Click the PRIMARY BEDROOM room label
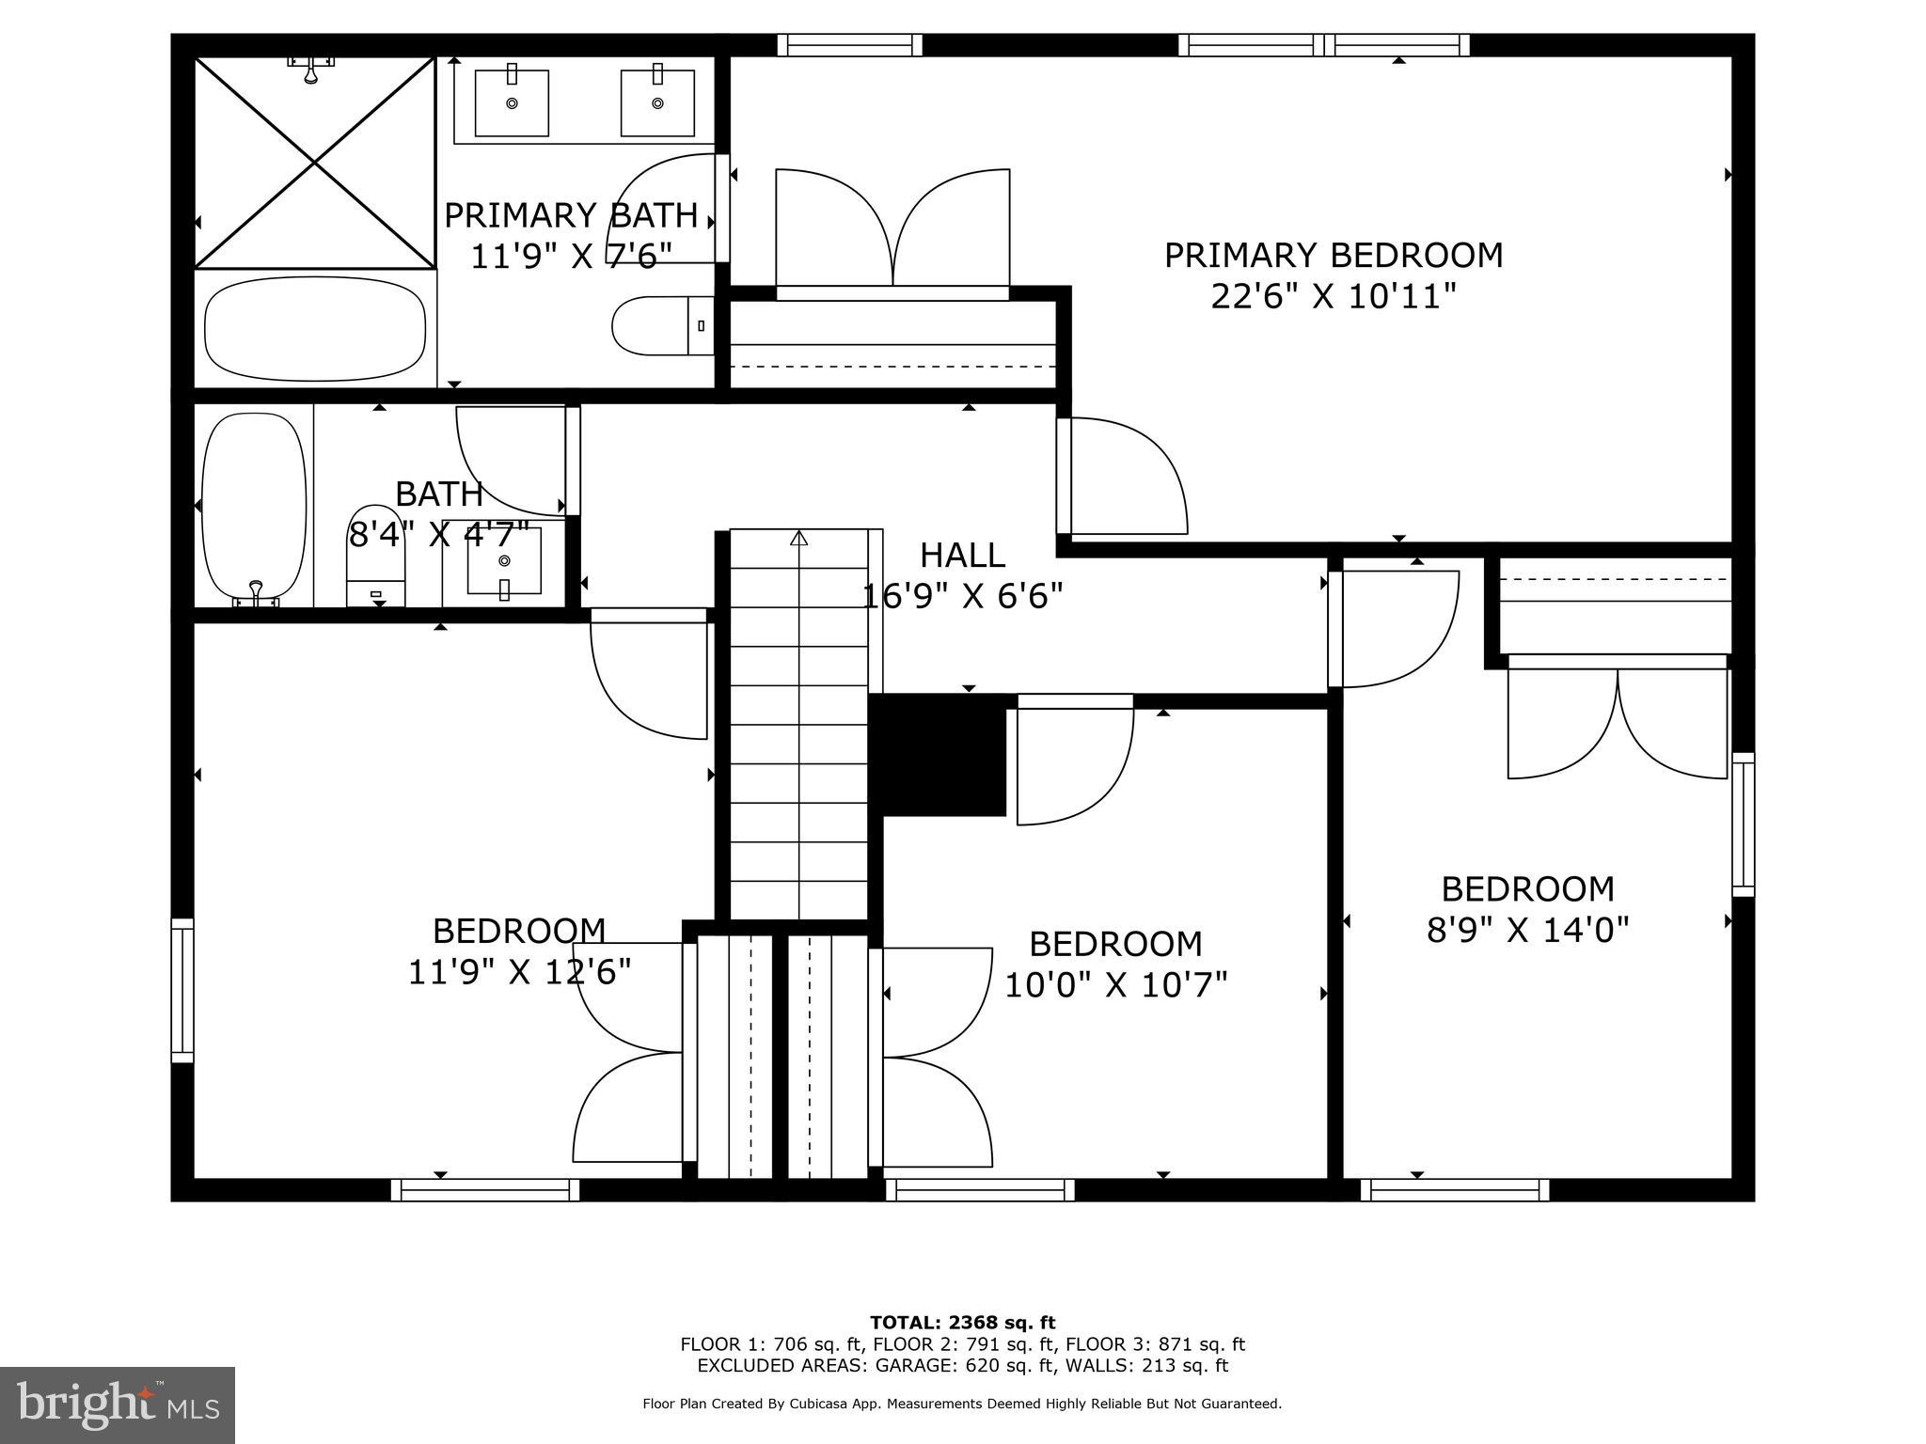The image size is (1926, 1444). [x=1333, y=256]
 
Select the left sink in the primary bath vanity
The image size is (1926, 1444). [x=512, y=100]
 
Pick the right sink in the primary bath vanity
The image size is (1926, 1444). [x=657, y=100]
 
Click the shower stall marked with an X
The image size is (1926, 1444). [x=314, y=163]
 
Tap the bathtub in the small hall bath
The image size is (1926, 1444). [x=254, y=506]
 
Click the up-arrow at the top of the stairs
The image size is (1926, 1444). [x=798, y=539]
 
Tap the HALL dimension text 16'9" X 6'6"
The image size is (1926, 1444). [x=962, y=596]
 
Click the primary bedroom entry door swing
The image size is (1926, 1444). [x=1124, y=476]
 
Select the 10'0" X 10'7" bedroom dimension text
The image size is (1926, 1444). [x=1116, y=985]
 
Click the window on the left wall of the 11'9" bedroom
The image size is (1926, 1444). [x=182, y=990]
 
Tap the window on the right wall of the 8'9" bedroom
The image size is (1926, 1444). [x=1743, y=824]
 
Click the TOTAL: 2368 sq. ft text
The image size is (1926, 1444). [x=962, y=1324]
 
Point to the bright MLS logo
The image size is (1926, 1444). [x=118, y=1405]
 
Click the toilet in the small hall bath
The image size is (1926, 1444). [x=376, y=556]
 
